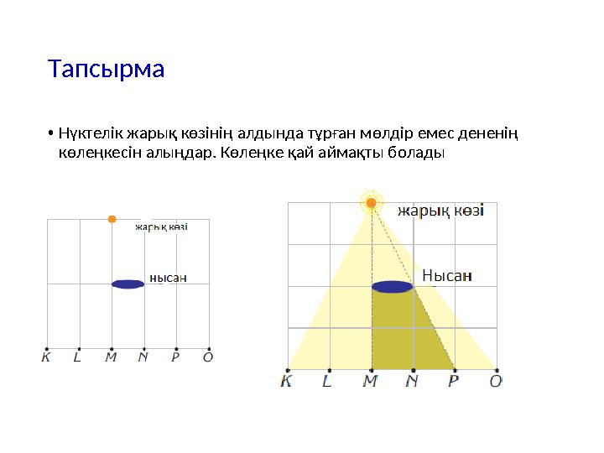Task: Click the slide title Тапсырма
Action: pos(106,68)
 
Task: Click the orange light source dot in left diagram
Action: pos(112,219)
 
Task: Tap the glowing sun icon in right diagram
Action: pos(371,202)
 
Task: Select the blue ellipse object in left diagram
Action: pos(128,284)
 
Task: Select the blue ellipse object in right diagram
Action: pos(393,287)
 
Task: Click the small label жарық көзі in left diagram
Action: pos(161,226)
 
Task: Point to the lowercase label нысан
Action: pos(168,278)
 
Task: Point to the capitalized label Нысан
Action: pos(446,275)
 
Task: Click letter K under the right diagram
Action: pos(287,382)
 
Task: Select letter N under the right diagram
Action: pos(412,382)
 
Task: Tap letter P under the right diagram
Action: pos(453,382)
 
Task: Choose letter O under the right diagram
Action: pos(496,382)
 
